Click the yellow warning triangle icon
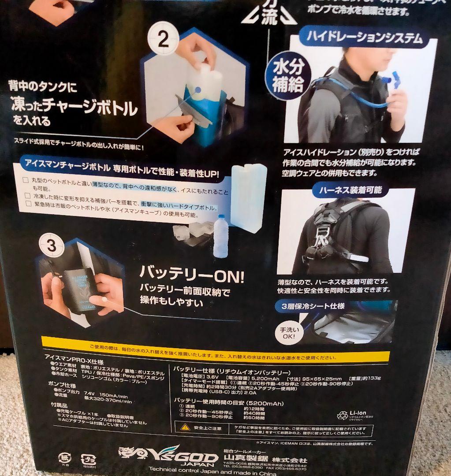pyautogui.click(x=184, y=427)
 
